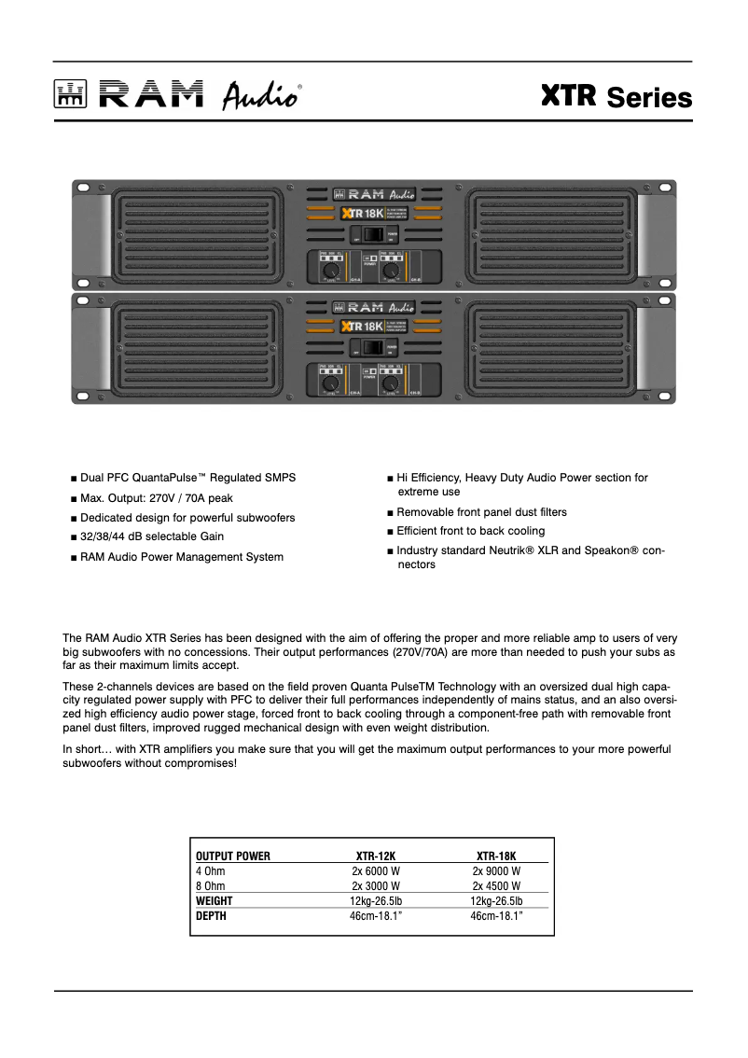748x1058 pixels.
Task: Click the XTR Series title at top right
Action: point(616,97)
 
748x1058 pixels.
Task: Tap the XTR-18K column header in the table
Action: point(496,856)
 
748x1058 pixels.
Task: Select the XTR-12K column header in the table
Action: point(376,856)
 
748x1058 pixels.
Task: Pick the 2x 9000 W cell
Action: point(496,870)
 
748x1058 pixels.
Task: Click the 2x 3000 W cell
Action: point(376,885)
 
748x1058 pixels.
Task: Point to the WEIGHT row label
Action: point(214,901)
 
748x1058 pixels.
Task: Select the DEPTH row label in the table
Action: point(211,916)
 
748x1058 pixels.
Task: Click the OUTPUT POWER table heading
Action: point(232,856)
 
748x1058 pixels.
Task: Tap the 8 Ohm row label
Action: point(210,885)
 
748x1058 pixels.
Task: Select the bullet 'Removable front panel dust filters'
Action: point(481,512)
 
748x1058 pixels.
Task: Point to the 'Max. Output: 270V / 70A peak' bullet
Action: point(156,497)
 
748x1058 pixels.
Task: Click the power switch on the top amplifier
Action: point(373,235)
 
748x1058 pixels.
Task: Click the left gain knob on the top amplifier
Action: point(329,270)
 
